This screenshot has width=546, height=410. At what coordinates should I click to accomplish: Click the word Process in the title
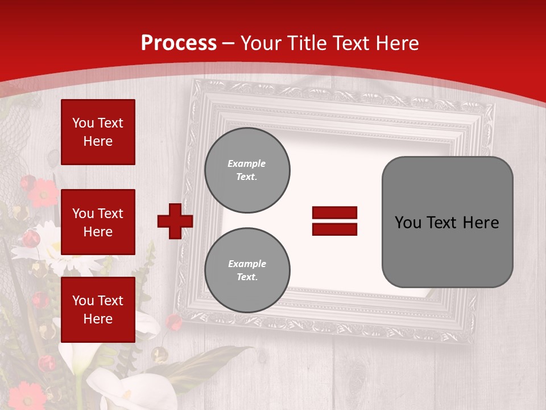179,43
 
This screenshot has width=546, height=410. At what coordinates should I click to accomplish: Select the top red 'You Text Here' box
98,132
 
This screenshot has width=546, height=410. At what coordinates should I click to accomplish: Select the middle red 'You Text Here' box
98,222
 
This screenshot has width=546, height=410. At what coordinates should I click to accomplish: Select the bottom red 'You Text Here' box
98,310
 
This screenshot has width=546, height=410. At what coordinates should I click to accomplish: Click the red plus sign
175,221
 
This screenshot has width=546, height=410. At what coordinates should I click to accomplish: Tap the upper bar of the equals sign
334,213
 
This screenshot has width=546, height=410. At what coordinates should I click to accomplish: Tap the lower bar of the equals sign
334,229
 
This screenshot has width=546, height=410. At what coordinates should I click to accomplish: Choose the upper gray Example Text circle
247,170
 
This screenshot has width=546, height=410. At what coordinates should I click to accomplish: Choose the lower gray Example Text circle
247,270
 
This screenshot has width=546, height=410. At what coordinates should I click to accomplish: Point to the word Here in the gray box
481,223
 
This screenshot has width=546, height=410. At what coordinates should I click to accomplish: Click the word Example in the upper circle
246,163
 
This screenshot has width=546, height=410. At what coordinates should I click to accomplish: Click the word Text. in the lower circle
247,277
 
